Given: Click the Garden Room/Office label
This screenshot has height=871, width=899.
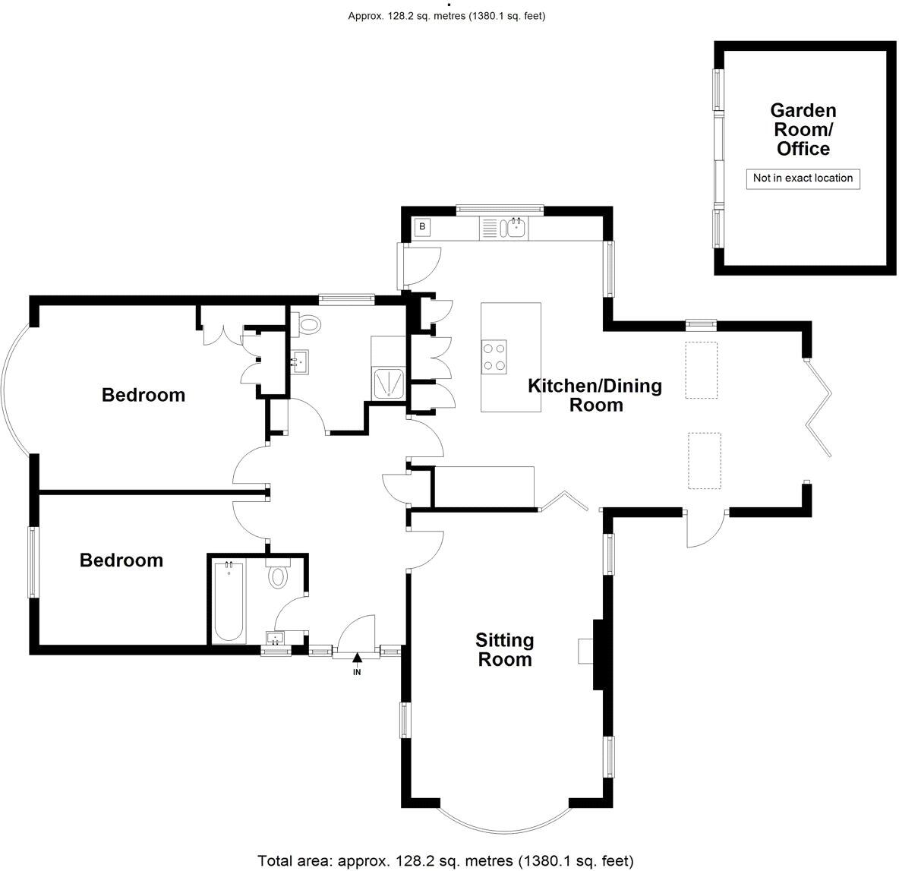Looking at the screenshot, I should (803, 130).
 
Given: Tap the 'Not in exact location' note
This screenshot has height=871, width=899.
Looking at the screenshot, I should (803, 178).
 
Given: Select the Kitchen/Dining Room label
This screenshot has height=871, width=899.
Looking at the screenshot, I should (595, 395).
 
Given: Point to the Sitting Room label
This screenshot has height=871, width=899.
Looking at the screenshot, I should (505, 649).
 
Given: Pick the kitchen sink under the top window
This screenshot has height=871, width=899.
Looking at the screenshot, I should (517, 227).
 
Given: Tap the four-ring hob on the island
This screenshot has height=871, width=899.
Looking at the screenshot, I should (495, 356).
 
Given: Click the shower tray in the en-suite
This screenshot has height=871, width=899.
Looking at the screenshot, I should (389, 382).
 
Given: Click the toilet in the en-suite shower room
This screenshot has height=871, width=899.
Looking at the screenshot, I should (308, 325).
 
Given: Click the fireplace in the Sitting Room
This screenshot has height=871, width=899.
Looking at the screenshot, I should (586, 651).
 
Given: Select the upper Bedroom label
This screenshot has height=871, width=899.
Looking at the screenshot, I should (144, 395).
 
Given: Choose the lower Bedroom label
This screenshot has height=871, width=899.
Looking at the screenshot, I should (121, 560).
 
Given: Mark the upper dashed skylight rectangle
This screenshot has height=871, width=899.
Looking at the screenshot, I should (702, 370).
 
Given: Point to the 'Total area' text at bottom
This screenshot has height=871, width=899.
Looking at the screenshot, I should (445, 860).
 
